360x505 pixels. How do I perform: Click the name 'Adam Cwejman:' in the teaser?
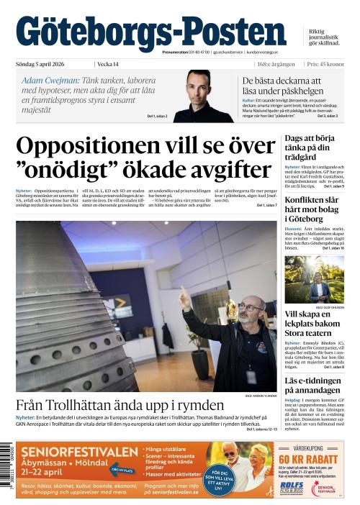pyautogui.click(x=50, y=81)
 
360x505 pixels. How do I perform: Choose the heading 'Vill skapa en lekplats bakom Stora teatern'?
pyautogui.click(x=313, y=324)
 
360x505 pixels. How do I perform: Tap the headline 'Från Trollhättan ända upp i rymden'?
pyautogui.click(x=119, y=404)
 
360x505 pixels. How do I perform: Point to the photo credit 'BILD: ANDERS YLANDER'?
pyautogui.click(x=260, y=395)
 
